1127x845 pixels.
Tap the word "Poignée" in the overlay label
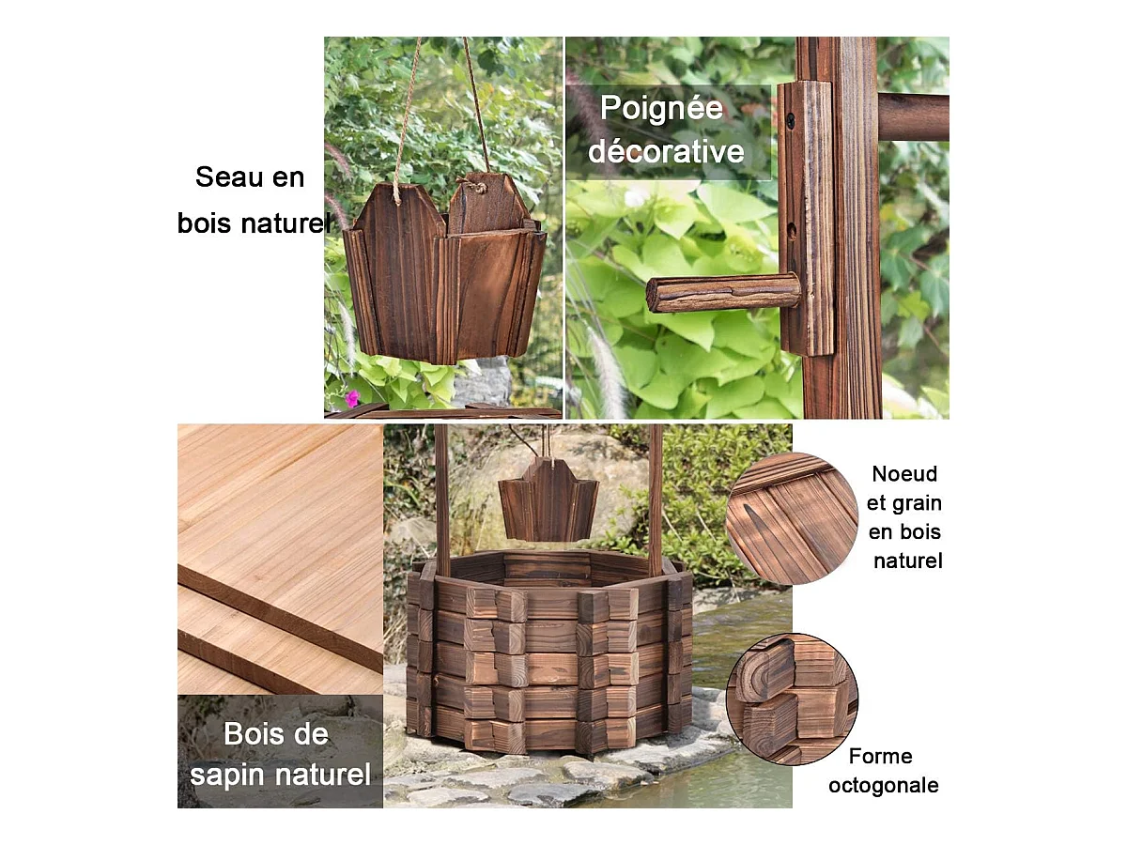661,109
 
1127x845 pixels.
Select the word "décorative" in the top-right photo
666,151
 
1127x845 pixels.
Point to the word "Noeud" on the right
904,474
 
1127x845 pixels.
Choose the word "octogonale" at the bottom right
884,786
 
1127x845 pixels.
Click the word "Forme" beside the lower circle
881,756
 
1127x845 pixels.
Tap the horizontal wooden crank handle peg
723,292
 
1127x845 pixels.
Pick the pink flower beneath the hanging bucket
352,399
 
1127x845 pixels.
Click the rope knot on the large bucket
477,184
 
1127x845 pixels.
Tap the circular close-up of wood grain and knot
793,518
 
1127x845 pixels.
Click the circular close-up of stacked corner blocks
793,699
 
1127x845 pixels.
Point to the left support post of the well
442,500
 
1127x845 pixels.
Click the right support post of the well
656,499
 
